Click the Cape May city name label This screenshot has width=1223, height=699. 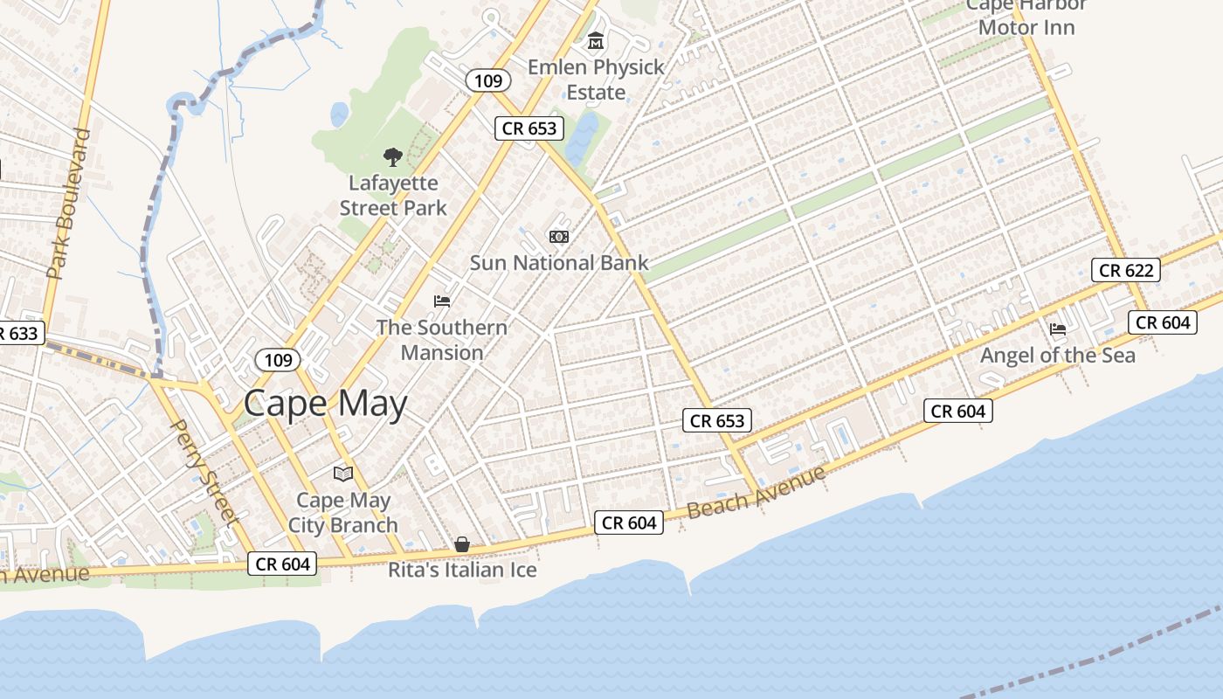coord(325,404)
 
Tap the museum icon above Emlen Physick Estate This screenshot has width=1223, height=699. coord(596,41)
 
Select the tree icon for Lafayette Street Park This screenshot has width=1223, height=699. coord(393,157)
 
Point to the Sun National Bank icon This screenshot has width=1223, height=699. coord(558,237)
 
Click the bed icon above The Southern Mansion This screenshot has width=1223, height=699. coord(442,301)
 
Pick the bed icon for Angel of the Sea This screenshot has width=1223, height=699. coord(1058,329)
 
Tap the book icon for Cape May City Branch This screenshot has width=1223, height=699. coord(343,474)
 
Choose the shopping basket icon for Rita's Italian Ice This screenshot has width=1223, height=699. coord(462,544)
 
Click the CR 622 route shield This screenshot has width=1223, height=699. coord(1126,270)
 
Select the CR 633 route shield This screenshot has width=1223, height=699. coord(19,333)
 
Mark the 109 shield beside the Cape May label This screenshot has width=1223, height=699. coord(278,359)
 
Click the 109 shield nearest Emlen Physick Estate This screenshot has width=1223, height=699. coord(487,81)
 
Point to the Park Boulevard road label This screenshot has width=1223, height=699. coord(70,204)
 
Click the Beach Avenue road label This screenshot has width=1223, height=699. coord(756,493)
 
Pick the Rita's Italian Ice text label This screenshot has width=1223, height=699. coord(462,571)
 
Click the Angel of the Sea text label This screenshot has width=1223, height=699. coord(1057,356)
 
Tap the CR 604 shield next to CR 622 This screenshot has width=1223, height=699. coord(1164,322)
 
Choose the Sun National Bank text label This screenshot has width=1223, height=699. coord(559,262)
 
